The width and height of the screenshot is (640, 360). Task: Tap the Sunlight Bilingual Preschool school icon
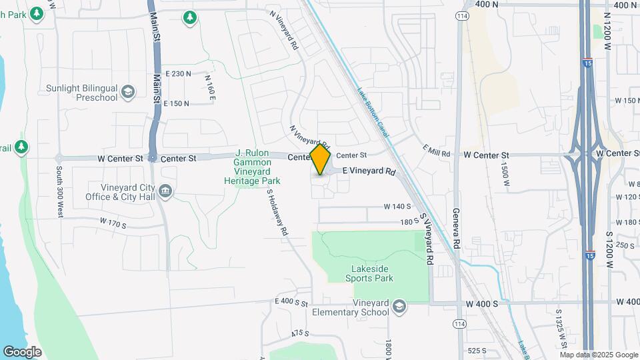(128, 91)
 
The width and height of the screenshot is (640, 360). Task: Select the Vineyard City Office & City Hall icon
(165, 192)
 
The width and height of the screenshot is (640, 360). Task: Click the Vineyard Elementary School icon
(399, 307)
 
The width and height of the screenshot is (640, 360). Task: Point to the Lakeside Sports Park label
(372, 273)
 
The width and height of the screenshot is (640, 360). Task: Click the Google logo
(22, 351)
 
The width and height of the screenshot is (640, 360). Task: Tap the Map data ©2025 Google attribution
(598, 354)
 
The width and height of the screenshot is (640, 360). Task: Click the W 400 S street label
(481, 304)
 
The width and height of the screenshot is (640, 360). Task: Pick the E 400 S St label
(291, 303)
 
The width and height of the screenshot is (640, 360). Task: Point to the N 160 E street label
(210, 87)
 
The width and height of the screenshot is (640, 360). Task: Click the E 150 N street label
(177, 103)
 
